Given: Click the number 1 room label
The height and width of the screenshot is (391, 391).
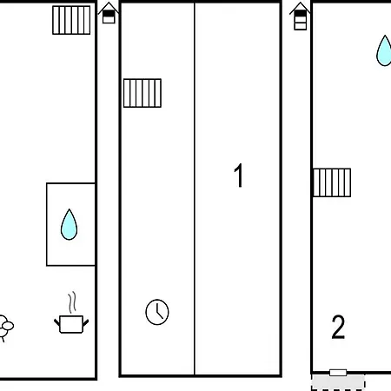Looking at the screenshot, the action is (238, 176).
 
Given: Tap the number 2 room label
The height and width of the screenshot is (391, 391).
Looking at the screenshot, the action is (338, 327).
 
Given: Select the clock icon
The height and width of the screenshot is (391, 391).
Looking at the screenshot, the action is (157, 312).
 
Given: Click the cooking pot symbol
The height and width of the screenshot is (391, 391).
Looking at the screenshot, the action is (71, 324).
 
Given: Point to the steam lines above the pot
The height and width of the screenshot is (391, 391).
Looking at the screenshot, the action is (72, 302).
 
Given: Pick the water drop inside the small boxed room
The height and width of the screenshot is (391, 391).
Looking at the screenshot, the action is (69, 224).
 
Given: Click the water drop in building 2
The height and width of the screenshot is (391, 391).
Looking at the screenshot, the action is (384, 50).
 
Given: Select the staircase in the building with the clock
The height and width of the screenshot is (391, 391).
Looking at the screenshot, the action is (142, 93).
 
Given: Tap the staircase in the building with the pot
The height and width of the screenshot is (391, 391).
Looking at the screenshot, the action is (71, 20).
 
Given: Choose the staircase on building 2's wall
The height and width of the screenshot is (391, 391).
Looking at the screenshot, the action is (332, 182).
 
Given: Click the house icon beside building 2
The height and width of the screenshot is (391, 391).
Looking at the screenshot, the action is (300, 17).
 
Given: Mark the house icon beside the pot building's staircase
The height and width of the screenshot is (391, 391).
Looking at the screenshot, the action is (109, 13).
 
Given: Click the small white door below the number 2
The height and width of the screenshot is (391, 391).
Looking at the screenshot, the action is (338, 373).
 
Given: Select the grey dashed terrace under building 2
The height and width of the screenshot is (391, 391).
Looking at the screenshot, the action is (338, 382).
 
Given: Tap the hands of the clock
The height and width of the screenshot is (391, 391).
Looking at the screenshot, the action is (159, 312).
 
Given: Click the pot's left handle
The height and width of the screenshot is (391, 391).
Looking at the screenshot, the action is (57, 322).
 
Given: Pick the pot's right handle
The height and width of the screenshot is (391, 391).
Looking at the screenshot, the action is (86, 322).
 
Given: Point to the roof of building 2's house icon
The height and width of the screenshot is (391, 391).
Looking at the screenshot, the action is (300, 8).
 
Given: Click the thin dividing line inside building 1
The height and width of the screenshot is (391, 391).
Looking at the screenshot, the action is (195, 189).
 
